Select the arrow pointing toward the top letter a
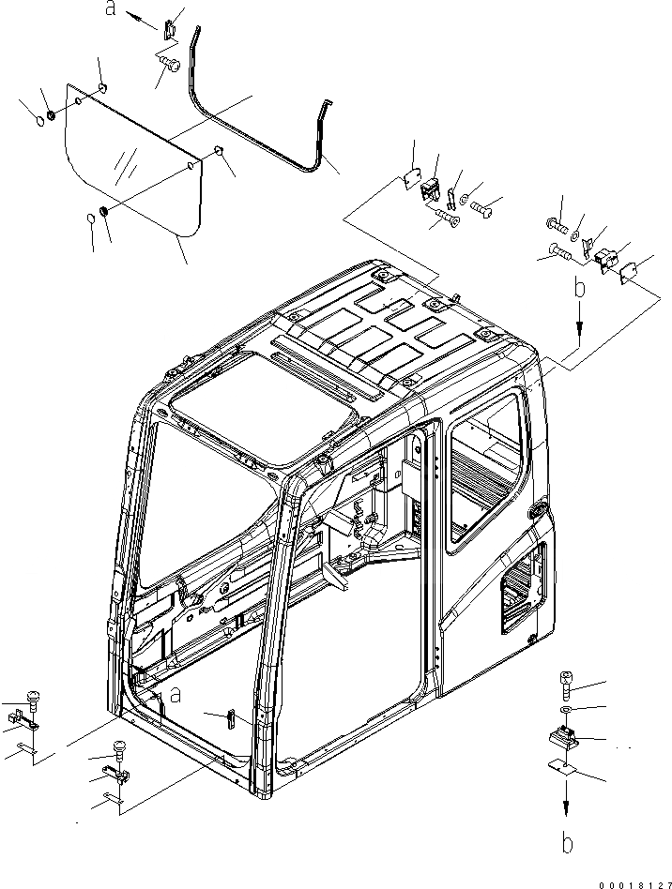tap(139, 18)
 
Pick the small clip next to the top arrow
tap(169, 29)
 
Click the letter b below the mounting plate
tap(566, 841)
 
